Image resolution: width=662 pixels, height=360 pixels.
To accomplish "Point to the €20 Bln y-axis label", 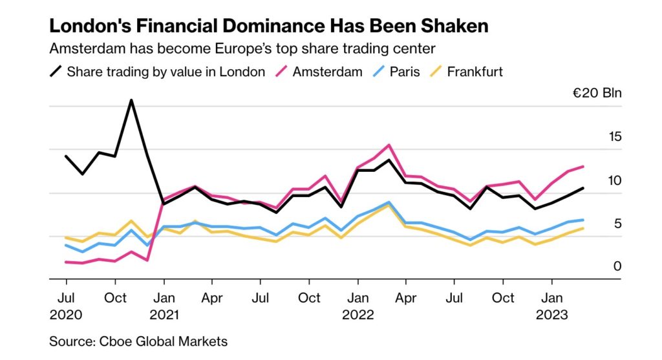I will pos(597,93).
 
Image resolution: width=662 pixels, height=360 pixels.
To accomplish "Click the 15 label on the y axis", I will pos(614,136).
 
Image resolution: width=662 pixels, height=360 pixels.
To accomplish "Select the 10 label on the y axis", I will pos(614,180).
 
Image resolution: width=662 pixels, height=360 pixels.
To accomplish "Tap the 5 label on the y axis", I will pos(617,224).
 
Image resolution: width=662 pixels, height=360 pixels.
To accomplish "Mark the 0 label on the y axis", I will pos(617,266).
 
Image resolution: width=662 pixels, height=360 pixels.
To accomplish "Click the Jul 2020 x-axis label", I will pos(66,306).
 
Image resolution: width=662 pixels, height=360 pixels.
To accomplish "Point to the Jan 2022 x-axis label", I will pos(358,306).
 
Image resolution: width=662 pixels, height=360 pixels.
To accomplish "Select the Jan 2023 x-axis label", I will pos(551,306).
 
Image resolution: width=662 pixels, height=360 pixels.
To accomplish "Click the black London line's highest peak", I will pos(131,100).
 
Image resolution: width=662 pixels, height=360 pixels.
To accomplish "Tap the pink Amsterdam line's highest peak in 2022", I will pos(389,145).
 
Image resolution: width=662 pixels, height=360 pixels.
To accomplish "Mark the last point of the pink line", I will pos(584,166).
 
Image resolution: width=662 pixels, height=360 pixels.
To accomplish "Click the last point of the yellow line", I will pos(584,228).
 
